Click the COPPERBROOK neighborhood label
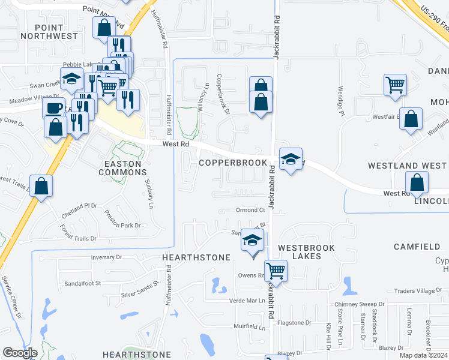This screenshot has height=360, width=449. point(232,163)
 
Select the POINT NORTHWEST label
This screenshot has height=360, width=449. point(49,31)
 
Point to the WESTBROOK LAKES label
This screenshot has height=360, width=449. point(308,251)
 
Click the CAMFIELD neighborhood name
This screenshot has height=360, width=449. point(417,247)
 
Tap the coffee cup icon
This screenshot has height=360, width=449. point(53,108)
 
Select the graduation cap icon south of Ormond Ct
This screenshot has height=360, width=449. point(253,241)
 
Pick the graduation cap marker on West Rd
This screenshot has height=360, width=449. point(291,159)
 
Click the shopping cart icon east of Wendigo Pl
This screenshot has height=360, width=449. point(396,85)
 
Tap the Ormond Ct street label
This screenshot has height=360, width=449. point(250,210)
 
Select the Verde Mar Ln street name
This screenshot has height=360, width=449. point(246,300)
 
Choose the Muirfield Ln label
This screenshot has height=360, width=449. point(249,328)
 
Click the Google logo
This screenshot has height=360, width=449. point(20,353)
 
